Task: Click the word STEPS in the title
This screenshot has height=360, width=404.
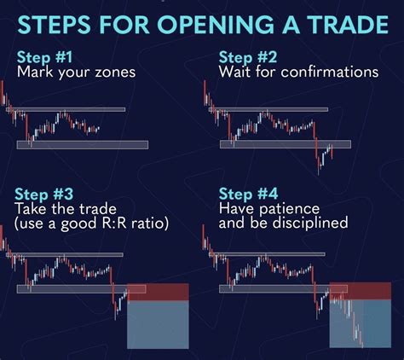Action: click(x=54, y=25)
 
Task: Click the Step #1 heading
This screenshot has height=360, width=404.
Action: click(x=44, y=57)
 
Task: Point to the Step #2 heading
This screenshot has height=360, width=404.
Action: click(x=248, y=57)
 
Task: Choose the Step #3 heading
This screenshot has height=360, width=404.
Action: click(x=43, y=195)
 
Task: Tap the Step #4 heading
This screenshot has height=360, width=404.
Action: click(x=248, y=195)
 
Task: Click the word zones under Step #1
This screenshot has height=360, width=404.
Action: click(x=115, y=73)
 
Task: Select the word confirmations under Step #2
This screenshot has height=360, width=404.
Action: click(x=330, y=72)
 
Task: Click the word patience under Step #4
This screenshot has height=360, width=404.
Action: click(x=290, y=210)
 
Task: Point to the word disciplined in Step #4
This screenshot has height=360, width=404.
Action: click(x=310, y=223)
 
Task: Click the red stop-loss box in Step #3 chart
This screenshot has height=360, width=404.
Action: click(x=158, y=292)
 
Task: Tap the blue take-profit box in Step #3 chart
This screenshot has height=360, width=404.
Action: click(x=158, y=324)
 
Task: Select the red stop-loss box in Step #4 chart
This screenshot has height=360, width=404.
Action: click(x=361, y=291)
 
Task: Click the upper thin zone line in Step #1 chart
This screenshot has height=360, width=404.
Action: click(x=66, y=109)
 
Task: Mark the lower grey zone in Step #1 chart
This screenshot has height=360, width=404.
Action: click(x=83, y=145)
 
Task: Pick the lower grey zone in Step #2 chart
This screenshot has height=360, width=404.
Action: click(x=286, y=144)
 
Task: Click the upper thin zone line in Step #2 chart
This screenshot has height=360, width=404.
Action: click(x=268, y=109)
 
